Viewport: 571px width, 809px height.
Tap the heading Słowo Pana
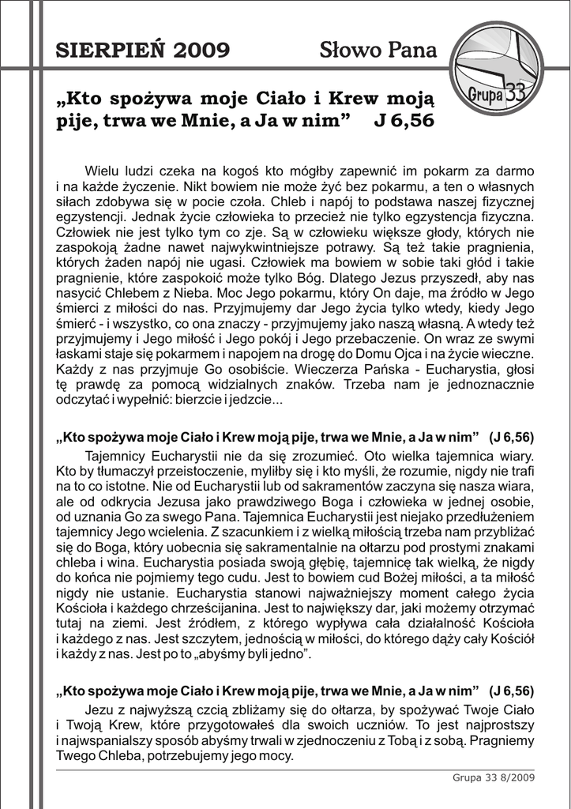pos(378,51)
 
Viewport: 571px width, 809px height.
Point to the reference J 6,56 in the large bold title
pos(403,122)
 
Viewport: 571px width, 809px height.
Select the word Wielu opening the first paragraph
pos(101,171)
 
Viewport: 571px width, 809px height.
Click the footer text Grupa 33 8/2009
pos(494,778)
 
